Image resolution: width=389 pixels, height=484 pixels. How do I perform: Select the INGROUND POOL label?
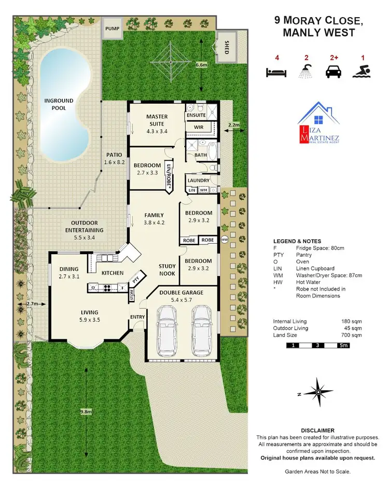point(59,104)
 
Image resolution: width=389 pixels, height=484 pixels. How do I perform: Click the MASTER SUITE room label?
point(156,120)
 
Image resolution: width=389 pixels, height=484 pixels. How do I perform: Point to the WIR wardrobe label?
point(198,127)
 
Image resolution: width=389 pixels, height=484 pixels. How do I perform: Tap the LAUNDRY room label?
point(199,181)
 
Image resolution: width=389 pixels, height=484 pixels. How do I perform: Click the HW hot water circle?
point(225,240)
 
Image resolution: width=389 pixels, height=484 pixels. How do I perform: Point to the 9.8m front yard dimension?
point(86,411)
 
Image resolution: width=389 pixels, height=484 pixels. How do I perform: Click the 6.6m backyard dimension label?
point(201,65)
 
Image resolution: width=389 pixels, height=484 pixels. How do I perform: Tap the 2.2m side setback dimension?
point(234,125)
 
